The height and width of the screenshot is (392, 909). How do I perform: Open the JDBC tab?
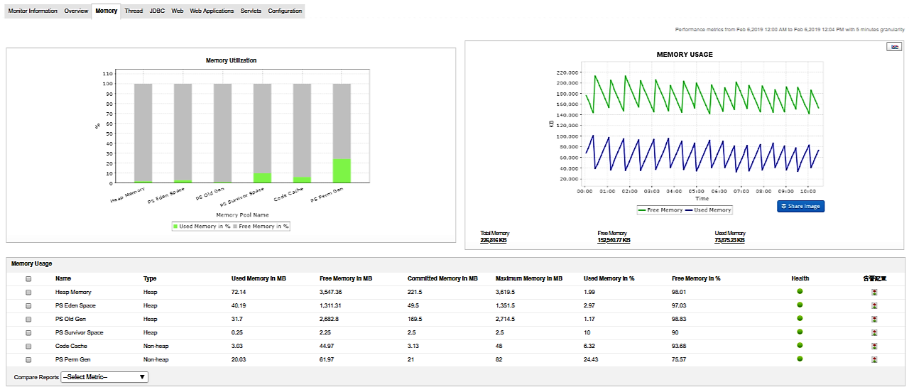pos(157,11)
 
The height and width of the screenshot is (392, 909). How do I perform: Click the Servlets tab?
pos(251,11)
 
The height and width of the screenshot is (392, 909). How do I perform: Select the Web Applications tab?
pos(212,11)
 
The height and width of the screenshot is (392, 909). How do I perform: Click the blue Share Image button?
pos(800,206)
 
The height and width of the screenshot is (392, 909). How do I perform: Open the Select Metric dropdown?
pos(104,377)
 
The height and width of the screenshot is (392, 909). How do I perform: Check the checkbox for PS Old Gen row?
pos(28,319)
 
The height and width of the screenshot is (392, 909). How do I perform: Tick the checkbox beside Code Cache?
pos(28,346)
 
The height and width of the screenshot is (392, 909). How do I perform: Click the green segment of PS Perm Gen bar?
pos(342,170)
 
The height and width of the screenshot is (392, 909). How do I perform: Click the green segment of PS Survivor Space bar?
pos(263,178)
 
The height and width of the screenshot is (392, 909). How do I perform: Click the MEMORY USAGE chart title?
pos(685,55)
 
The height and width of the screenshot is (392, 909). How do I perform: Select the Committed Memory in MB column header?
pos(442,278)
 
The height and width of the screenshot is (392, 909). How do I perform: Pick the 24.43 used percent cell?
pos(591,359)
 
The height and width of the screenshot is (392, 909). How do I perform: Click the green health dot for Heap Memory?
pos(800,291)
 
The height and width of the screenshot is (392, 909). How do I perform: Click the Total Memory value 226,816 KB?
pos(494,241)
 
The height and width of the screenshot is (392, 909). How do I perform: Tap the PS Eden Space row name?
pos(75,305)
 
